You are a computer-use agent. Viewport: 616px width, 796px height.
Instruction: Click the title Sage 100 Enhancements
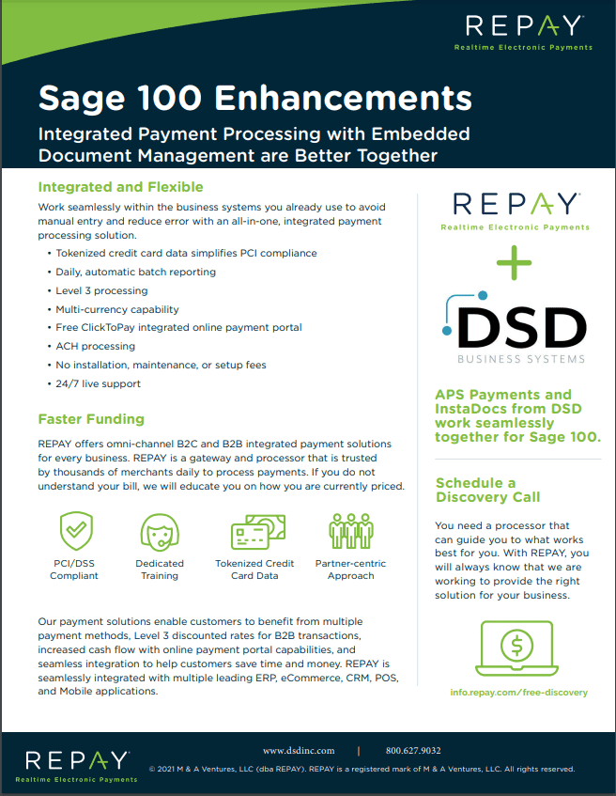coord(254,97)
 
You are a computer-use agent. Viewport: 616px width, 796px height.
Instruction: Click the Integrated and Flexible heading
coord(120,187)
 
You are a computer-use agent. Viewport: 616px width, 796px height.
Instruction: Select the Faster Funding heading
coord(90,419)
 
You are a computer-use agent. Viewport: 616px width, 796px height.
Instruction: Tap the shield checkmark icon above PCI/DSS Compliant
coord(74,533)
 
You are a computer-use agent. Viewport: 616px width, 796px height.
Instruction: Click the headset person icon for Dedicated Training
coord(160,533)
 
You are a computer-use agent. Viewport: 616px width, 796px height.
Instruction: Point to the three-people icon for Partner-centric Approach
coord(350,531)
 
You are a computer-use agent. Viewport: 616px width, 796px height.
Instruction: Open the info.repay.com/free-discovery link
coord(519,693)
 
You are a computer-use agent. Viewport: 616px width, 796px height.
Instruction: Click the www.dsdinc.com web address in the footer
coord(299,751)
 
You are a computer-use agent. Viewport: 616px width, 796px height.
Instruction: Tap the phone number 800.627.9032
coord(413,751)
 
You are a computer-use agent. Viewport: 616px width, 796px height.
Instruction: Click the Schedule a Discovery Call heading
coord(487,490)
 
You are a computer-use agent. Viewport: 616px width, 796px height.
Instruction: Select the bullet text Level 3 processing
coord(101,290)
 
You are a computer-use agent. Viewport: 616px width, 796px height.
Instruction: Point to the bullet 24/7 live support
coord(98,383)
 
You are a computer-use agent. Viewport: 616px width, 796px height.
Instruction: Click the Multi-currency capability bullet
coord(116,309)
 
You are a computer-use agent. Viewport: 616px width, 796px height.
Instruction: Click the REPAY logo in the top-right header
coord(523,31)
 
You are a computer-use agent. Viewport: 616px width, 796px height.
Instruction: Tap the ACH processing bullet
coord(95,346)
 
